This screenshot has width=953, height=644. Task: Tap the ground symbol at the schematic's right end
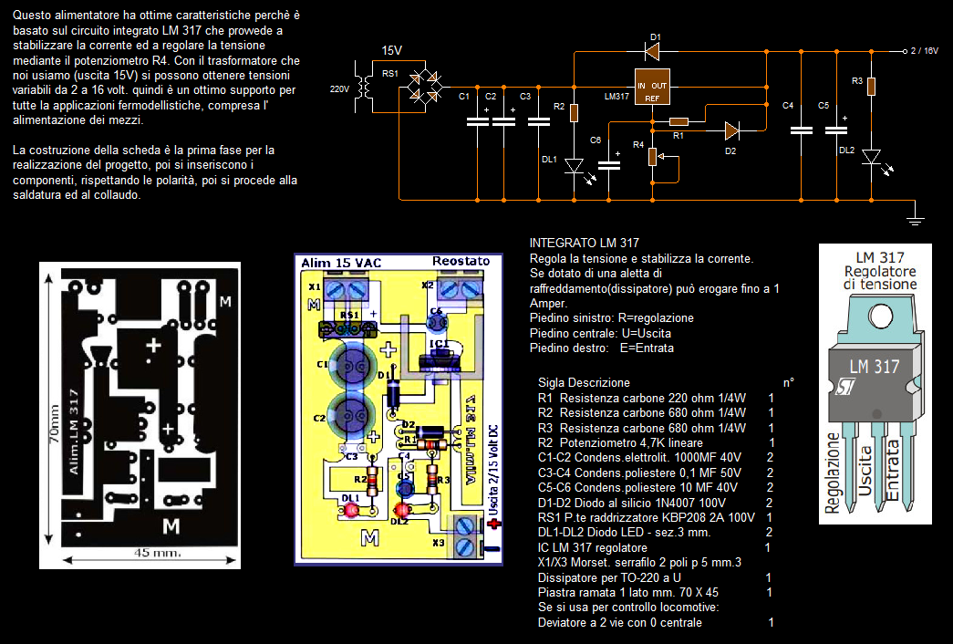pyautogui.click(x=917, y=218)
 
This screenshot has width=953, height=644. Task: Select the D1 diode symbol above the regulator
pyautogui.click(x=653, y=50)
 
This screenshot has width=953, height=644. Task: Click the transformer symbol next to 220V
pyautogui.click(x=365, y=84)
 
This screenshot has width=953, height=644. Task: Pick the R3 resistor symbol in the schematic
pyautogui.click(x=871, y=87)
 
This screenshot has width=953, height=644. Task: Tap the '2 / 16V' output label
pyautogui.click(x=924, y=51)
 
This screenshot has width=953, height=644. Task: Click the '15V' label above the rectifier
pyautogui.click(x=391, y=50)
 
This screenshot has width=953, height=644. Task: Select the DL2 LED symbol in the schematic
pyautogui.click(x=871, y=158)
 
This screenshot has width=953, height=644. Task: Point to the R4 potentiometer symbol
pyautogui.click(x=652, y=156)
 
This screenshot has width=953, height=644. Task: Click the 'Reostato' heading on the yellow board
pyautogui.click(x=461, y=262)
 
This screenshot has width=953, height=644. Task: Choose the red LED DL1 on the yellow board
pyautogui.click(x=349, y=510)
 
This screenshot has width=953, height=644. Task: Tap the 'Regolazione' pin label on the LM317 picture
pyautogui.click(x=834, y=474)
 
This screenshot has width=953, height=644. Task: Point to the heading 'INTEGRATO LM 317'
pyautogui.click(x=584, y=243)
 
